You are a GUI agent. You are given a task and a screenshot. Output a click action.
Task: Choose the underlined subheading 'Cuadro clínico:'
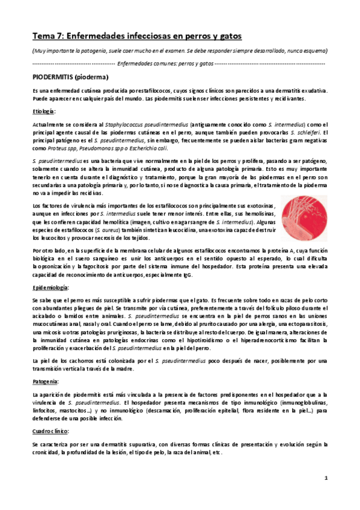51,431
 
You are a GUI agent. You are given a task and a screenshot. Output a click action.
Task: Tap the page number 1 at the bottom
325,478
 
